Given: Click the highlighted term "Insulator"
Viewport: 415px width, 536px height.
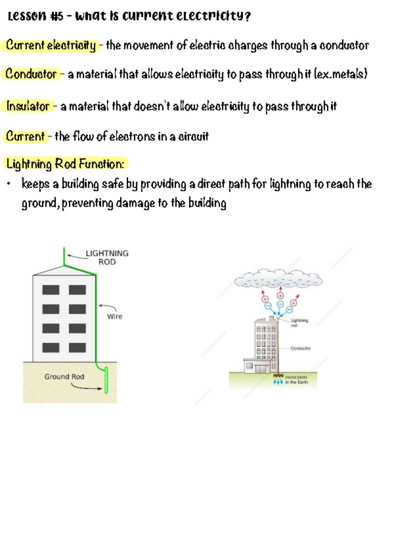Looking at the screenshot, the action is click(28, 106).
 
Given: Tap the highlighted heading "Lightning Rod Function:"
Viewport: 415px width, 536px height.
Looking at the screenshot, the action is click(65, 164).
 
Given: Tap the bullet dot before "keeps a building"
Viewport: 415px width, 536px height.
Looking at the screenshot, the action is click(9, 184).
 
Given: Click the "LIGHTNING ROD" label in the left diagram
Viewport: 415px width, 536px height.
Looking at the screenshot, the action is click(107, 257).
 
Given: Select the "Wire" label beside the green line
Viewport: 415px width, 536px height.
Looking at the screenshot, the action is click(114, 316).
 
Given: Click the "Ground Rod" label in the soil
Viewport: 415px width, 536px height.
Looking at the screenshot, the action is click(64, 376).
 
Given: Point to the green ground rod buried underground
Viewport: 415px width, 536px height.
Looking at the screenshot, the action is click(106, 380).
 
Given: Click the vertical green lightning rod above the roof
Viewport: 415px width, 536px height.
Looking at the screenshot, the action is click(64, 256).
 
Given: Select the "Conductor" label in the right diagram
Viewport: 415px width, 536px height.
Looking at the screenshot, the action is click(301, 348).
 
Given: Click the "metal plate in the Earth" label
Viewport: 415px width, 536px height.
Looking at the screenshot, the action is click(296, 380).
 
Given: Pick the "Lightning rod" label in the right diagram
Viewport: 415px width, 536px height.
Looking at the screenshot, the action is click(299, 322).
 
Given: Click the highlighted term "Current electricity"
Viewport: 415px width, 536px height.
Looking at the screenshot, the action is click(51, 45).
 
